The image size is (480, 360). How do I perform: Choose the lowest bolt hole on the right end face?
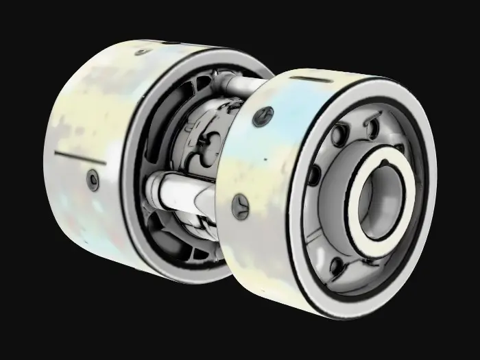(x=337, y=265)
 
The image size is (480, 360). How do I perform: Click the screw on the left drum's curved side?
(x=93, y=179)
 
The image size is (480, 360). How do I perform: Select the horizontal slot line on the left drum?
(x=79, y=158)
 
